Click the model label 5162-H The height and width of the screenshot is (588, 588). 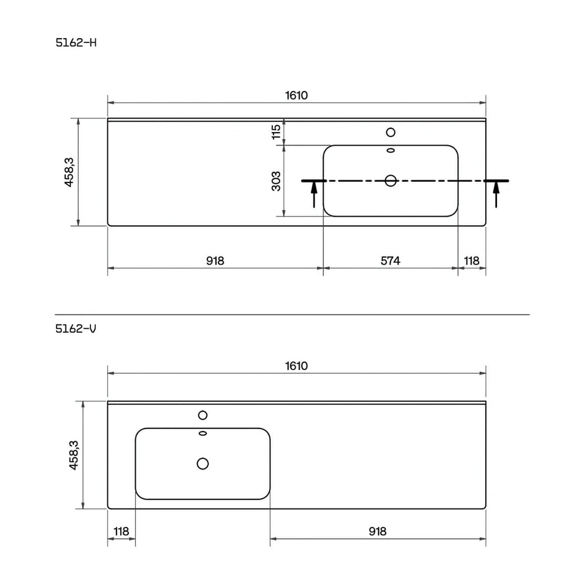(x=76, y=43)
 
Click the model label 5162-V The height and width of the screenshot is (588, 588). (x=76, y=328)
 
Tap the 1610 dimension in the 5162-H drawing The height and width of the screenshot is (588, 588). (x=296, y=95)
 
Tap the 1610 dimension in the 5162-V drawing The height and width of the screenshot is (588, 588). (x=296, y=366)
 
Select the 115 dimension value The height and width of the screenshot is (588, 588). (x=276, y=132)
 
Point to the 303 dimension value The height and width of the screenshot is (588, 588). (x=276, y=181)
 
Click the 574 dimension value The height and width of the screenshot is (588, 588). (x=391, y=260)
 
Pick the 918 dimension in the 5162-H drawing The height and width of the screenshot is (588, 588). (x=216, y=260)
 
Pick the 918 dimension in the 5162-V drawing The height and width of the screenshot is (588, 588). (x=377, y=531)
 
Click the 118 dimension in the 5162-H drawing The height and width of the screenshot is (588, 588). (x=472, y=260)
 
